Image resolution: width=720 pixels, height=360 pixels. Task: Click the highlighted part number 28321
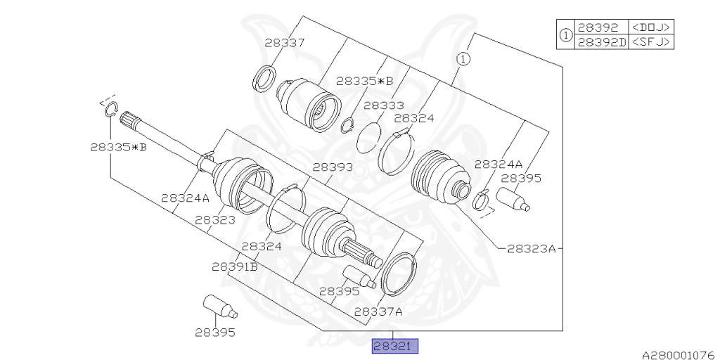point(395,346)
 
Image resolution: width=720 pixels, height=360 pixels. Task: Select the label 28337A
point(378,311)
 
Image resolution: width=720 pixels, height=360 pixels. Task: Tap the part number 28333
point(384,105)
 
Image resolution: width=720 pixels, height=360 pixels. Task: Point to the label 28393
point(333,167)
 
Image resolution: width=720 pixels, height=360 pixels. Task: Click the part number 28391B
point(235,266)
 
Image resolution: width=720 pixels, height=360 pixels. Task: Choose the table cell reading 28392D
point(602,42)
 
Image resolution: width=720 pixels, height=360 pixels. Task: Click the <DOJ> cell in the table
point(650,27)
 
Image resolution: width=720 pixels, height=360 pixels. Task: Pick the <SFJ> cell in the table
point(650,42)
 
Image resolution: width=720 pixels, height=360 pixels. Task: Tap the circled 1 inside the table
point(566,34)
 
